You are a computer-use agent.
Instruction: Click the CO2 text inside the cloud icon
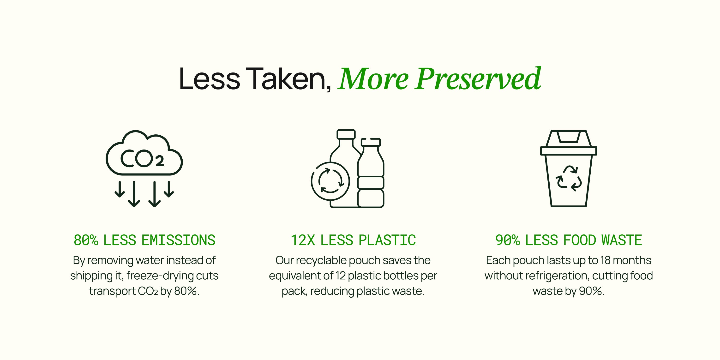coord(142,158)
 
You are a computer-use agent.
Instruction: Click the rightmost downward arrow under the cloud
coord(169,190)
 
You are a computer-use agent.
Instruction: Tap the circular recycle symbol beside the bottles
coord(330,181)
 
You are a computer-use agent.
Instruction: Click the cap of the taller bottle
coord(346,134)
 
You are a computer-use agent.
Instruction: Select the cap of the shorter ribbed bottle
coord(371,142)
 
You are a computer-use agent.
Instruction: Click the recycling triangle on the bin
coord(569,178)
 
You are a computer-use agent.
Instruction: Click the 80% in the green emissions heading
coord(86,240)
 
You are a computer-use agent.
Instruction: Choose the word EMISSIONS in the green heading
coord(179,240)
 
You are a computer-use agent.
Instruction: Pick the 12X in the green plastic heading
coord(303,240)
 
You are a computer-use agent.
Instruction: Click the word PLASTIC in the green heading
coord(387,240)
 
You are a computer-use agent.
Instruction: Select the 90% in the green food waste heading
coord(508,240)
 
